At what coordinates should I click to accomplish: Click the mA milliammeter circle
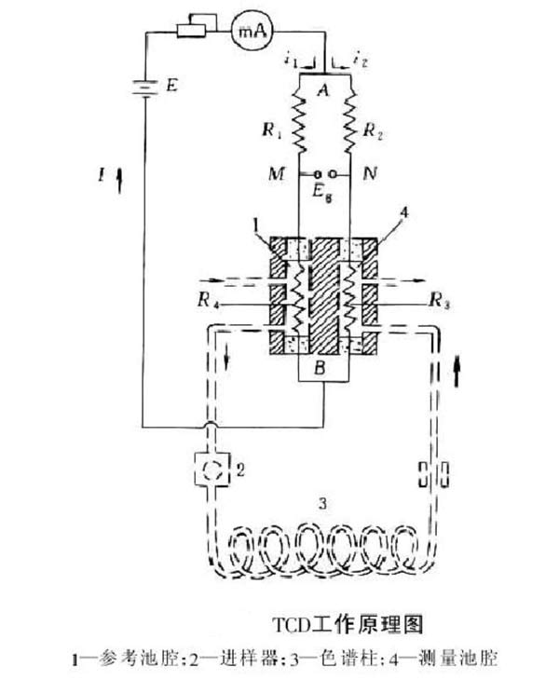(x=252, y=32)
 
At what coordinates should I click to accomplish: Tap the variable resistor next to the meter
(x=196, y=26)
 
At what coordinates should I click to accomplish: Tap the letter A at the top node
(x=323, y=90)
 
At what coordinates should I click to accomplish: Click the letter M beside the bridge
(x=277, y=174)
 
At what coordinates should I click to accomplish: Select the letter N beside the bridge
(x=370, y=174)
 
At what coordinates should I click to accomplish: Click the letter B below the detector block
(x=320, y=368)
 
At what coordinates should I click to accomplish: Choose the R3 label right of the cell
(x=439, y=301)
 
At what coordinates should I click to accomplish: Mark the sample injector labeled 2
(x=211, y=469)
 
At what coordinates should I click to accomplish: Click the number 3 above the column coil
(x=322, y=504)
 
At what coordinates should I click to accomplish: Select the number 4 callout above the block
(x=404, y=214)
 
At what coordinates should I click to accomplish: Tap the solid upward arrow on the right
(x=456, y=372)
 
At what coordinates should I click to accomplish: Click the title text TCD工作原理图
(x=348, y=624)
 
